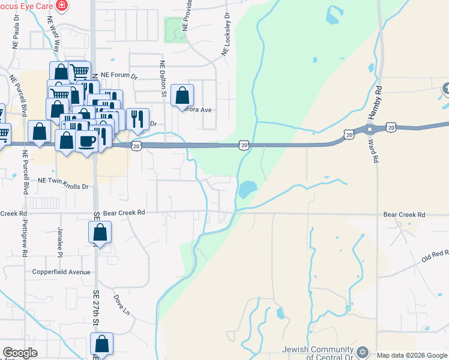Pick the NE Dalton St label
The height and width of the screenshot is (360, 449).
coord(162,79)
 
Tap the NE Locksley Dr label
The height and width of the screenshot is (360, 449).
coord(226,35)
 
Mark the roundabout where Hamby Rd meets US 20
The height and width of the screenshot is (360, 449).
coord(370,128)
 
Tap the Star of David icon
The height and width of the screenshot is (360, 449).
coord(362,352)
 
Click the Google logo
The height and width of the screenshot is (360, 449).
coord(20,353)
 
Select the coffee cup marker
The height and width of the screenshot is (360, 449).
coord(88,141)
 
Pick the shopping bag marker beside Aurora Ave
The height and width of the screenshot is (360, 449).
coord(182,96)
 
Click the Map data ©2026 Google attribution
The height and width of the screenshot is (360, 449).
coord(412,355)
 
